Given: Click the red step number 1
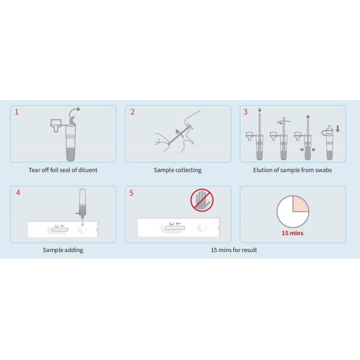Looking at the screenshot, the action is click(17, 112).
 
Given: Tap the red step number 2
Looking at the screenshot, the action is click(133, 112).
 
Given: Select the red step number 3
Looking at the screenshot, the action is click(245, 112).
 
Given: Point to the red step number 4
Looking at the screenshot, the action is click(18, 193).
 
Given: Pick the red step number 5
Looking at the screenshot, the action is click(131, 193).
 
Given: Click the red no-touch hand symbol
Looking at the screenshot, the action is click(202, 200).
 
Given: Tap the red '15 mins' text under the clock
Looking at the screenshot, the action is click(293, 233).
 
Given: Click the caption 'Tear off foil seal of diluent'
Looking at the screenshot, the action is click(63, 170).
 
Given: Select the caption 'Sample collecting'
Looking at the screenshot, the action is click(178, 170).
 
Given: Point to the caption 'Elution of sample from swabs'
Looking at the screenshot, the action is click(293, 170).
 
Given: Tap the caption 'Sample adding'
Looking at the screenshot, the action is click(63, 250).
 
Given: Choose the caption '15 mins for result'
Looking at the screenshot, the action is click(234, 250).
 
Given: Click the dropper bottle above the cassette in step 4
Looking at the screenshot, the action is click(82, 203).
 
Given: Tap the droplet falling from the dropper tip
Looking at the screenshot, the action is click(82, 224).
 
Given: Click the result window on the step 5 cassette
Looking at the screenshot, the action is click(175, 228).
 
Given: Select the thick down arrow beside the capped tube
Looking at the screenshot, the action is click(337, 129).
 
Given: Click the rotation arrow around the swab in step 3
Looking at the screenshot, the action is click(284, 122).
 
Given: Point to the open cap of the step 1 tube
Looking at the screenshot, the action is click(55, 125).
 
